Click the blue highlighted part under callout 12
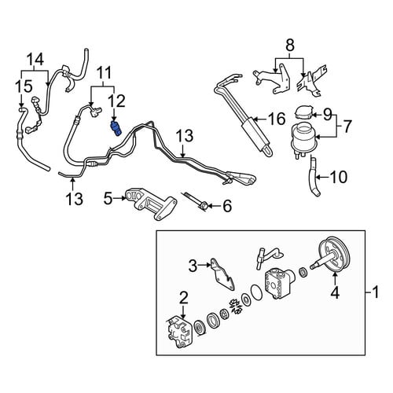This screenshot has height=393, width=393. point(116,128)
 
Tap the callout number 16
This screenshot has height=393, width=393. point(277,119)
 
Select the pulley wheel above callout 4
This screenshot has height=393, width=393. point(332,255)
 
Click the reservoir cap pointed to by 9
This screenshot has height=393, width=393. point(304,113)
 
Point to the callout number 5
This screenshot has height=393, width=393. point(108,198)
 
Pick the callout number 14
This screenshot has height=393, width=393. point(36,60)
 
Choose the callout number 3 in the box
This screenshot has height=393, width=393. point(193,266)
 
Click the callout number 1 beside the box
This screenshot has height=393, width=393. point(376,292)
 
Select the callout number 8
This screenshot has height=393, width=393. point(290,45)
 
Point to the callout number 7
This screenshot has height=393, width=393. point(347,126)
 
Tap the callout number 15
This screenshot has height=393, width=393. point(24,86)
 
